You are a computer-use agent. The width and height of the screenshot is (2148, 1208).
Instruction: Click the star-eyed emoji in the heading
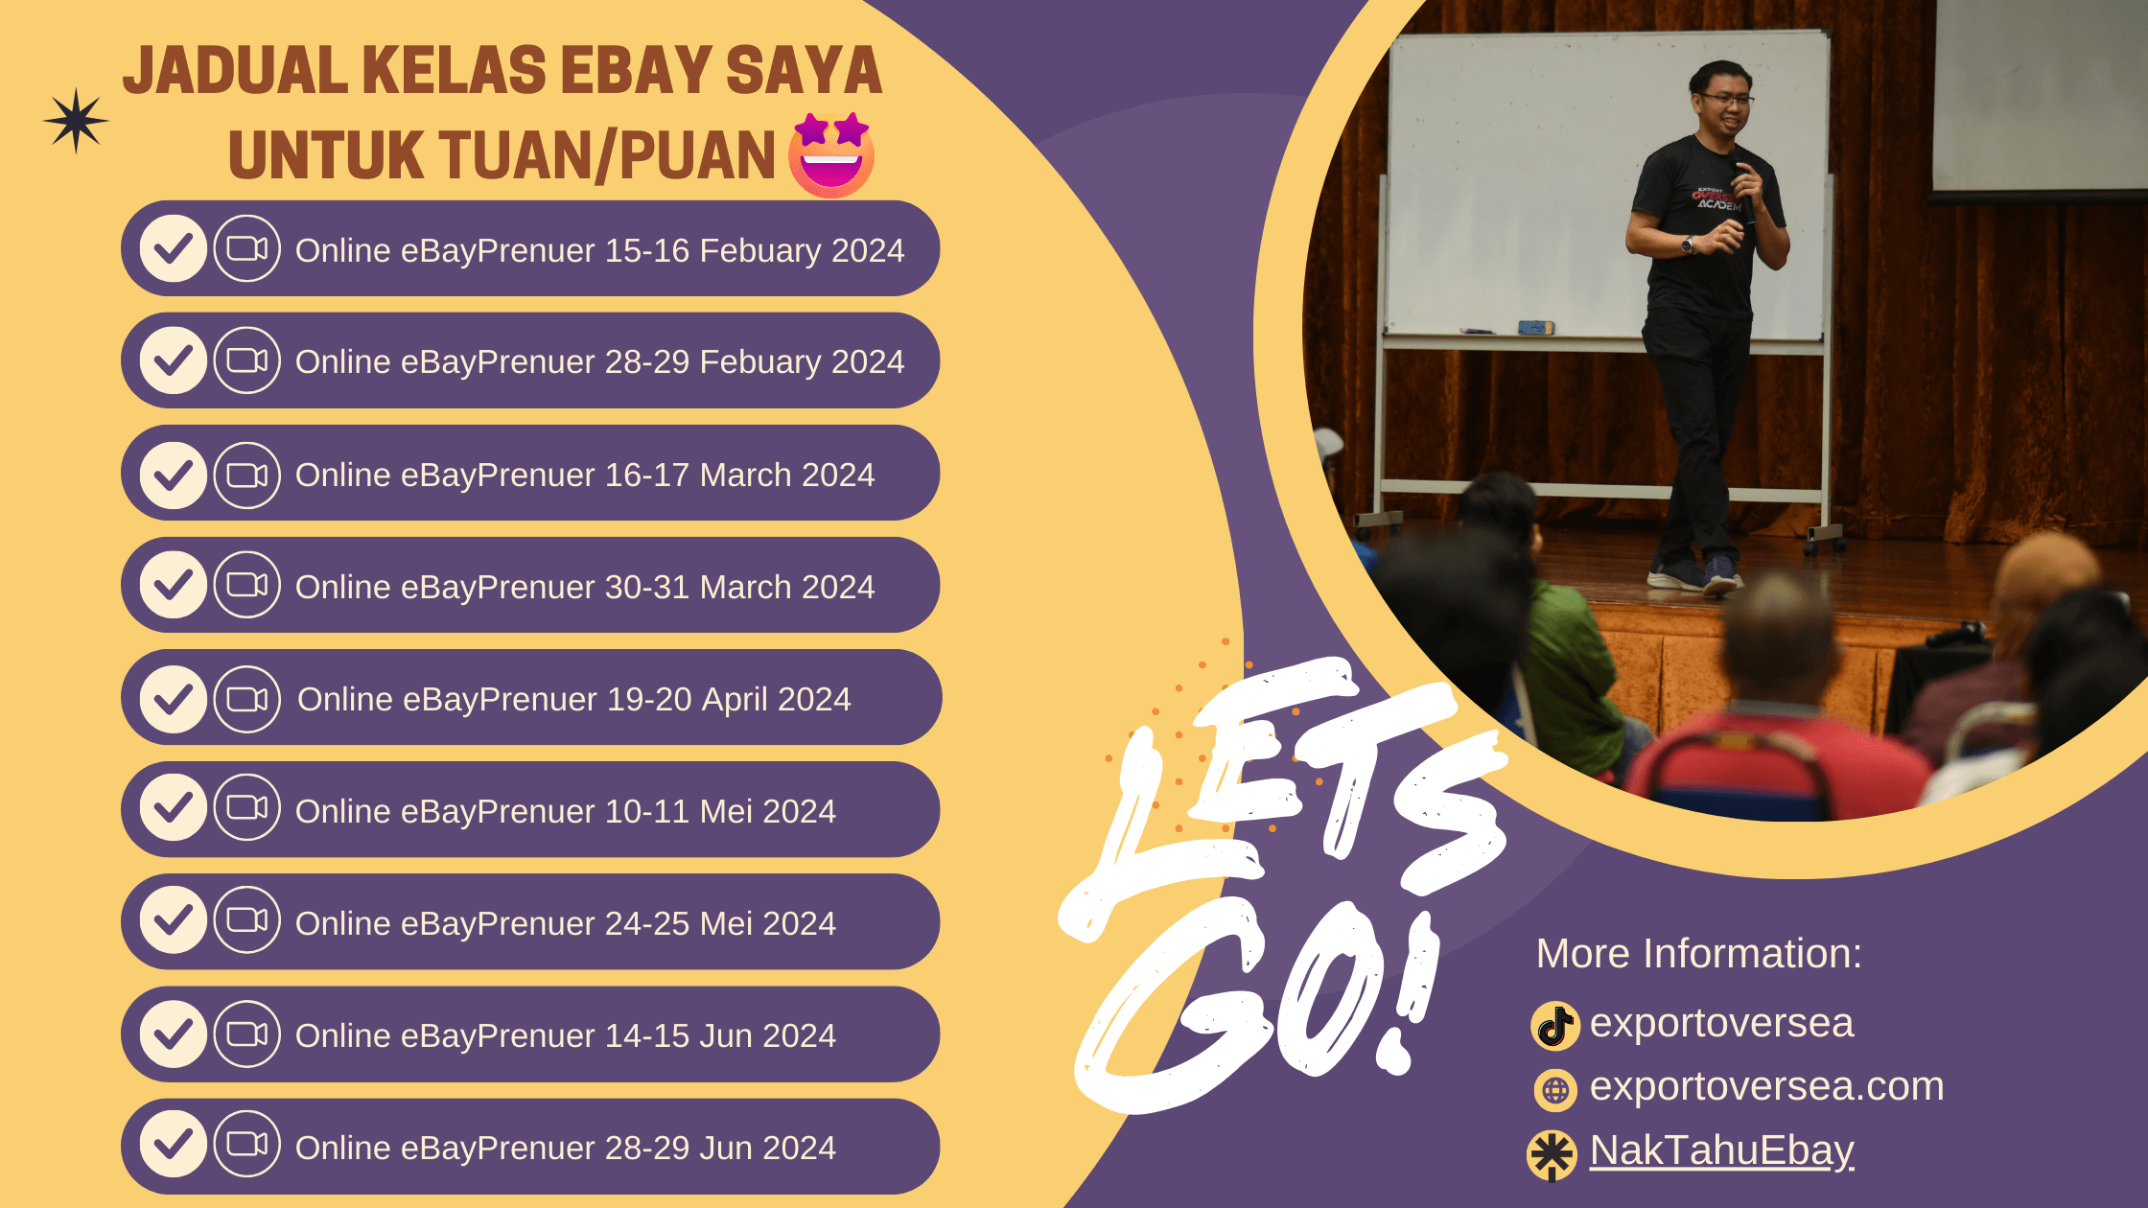click(831, 154)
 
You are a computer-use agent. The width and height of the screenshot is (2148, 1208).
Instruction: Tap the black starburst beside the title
click(76, 121)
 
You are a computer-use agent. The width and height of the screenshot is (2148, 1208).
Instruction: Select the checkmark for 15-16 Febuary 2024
click(174, 248)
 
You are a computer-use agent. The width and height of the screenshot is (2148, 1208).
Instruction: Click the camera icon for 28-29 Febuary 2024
click(247, 360)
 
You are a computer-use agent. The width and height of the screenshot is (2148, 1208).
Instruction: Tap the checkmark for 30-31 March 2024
click(174, 585)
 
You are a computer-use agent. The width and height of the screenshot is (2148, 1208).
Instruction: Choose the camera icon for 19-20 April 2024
click(247, 699)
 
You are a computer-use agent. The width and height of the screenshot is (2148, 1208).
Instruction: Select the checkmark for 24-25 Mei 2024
click(174, 920)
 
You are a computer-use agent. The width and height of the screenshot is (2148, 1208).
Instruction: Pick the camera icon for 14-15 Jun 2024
click(247, 1034)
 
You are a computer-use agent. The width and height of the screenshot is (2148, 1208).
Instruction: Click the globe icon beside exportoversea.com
click(1555, 1090)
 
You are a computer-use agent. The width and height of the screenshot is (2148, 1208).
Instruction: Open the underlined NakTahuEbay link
click(1722, 1150)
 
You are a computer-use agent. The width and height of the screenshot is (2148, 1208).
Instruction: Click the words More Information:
click(1699, 954)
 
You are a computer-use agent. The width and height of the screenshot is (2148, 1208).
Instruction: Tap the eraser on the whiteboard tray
click(1535, 328)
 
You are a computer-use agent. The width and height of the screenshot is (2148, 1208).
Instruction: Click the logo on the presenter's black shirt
click(1716, 197)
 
